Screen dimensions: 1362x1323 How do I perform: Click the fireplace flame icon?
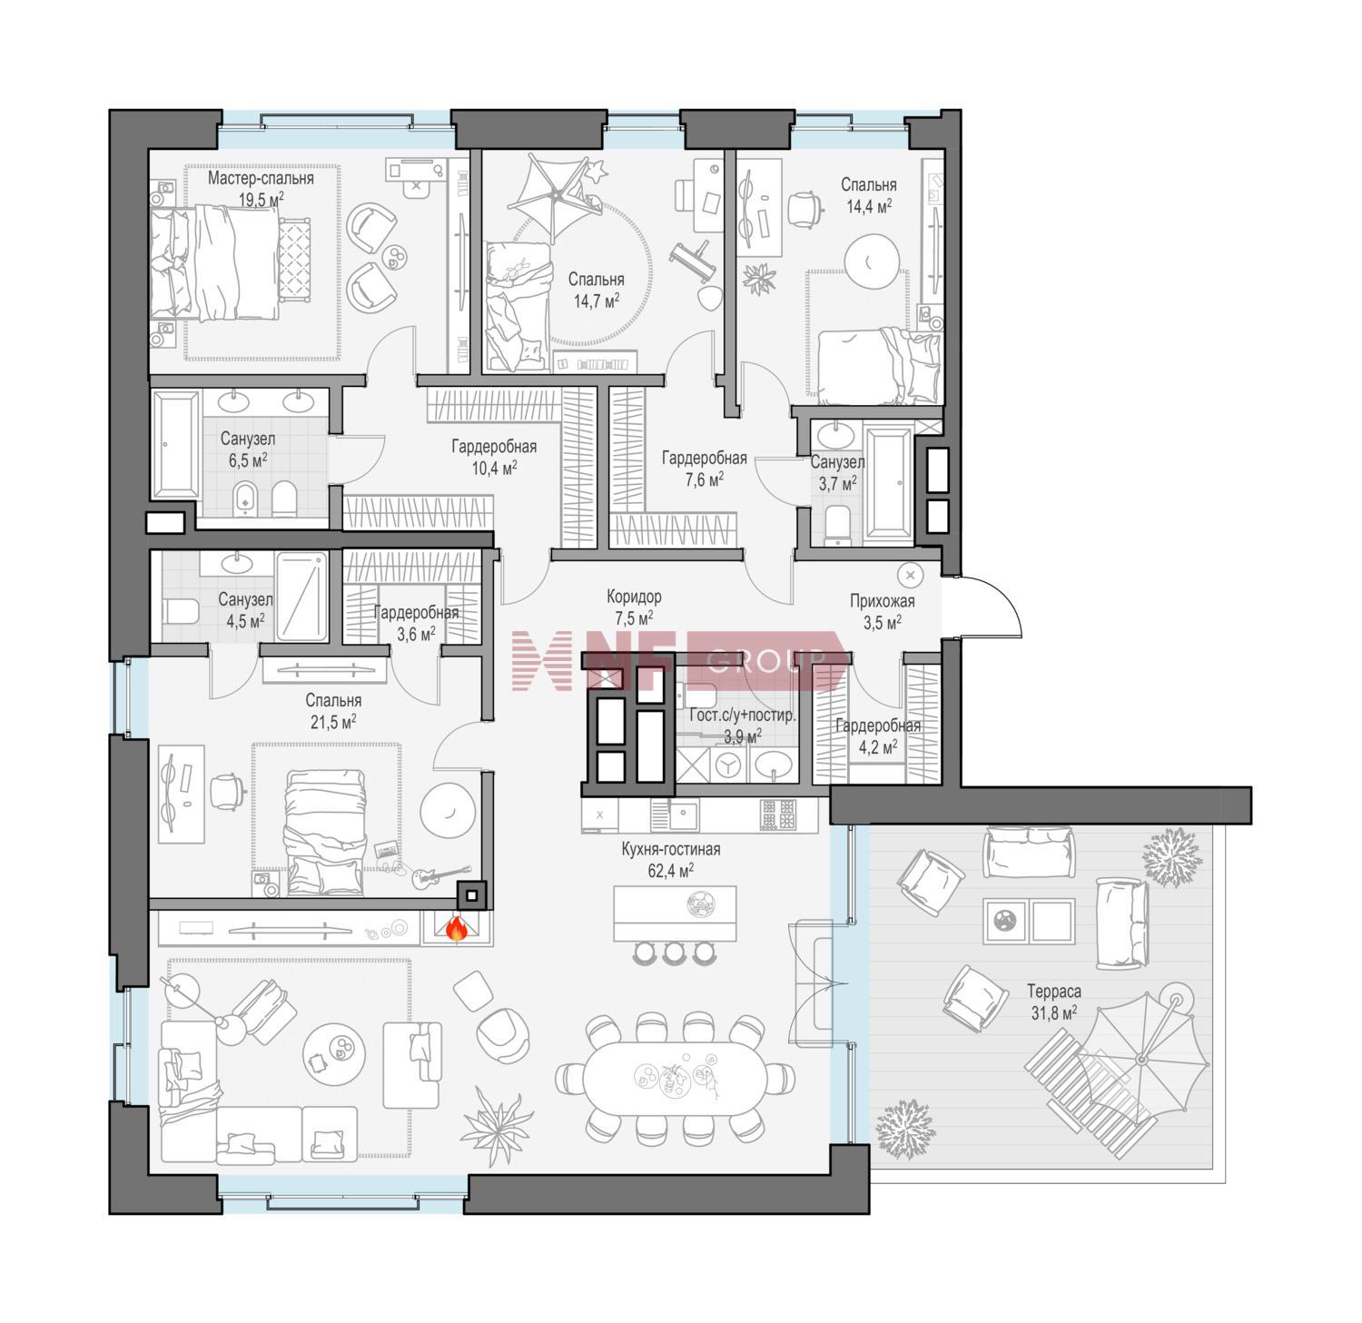(457, 928)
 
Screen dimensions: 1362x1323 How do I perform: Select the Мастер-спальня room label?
(261, 178)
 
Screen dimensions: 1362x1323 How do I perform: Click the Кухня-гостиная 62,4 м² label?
(671, 859)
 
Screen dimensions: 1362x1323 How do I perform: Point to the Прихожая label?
(882, 600)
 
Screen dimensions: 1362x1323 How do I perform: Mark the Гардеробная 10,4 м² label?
(494, 457)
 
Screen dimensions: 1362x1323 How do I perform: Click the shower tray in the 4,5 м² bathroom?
(301, 596)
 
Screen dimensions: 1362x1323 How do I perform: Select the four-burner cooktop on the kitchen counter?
(778, 815)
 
